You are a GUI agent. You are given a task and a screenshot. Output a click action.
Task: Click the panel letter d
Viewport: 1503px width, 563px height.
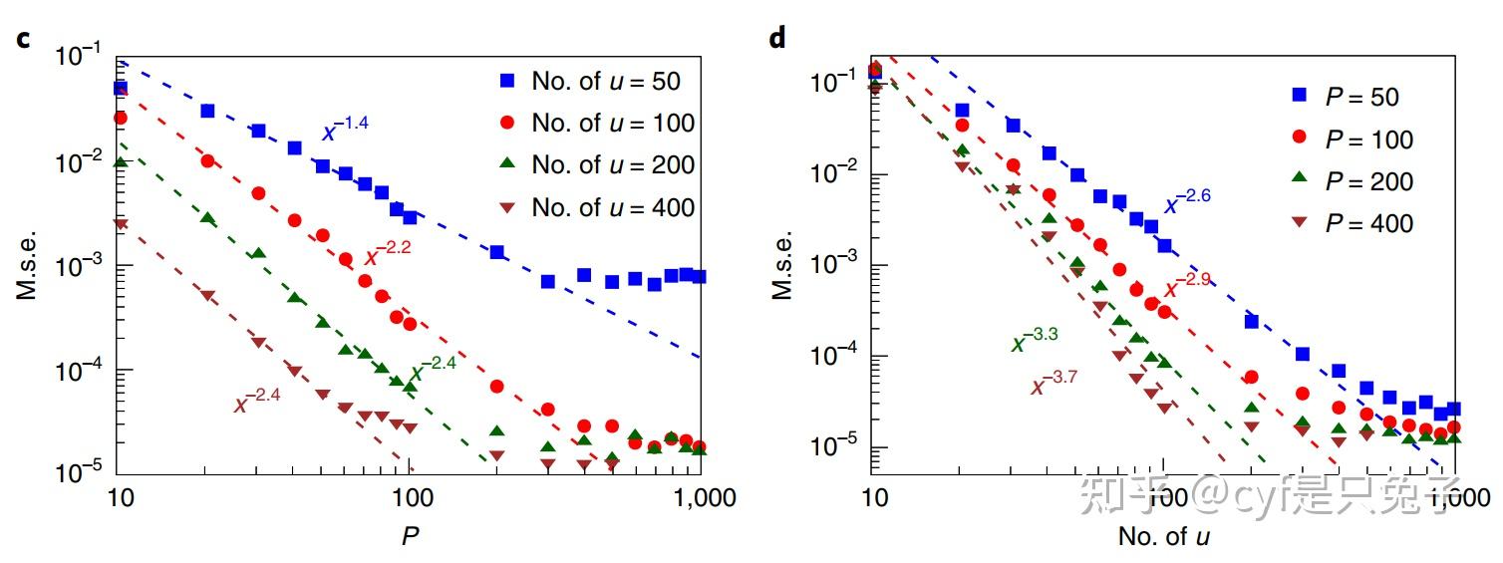tap(777, 39)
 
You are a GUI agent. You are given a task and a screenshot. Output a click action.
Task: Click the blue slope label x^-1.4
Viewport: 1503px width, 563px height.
tap(345, 130)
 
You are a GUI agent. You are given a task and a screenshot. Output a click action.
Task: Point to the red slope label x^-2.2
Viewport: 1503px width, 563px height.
tap(387, 256)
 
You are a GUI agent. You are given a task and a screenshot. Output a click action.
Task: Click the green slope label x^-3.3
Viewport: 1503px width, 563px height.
tap(1035, 342)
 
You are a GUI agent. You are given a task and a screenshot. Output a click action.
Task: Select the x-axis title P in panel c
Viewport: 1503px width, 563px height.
tap(410, 537)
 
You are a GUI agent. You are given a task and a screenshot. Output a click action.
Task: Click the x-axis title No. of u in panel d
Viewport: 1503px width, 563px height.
tap(1164, 537)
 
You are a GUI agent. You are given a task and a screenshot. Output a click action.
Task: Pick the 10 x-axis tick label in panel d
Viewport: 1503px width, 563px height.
tap(873, 495)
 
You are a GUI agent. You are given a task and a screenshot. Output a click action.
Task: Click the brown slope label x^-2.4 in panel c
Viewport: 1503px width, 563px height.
tap(257, 402)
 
